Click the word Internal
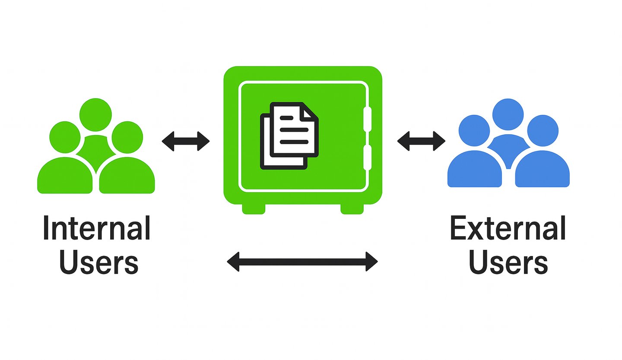point(96,229)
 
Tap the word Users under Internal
point(98,262)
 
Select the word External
point(508,229)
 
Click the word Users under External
point(508,262)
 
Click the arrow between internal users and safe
point(186,141)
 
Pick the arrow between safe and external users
point(421,141)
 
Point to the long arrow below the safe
point(302,261)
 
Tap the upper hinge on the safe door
point(367,119)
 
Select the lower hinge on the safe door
point(367,158)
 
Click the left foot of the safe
point(254,209)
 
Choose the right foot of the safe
point(352,209)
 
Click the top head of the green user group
point(96,114)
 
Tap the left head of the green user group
point(65,136)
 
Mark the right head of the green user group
point(127,137)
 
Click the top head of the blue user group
point(508,114)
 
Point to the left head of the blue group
point(474,130)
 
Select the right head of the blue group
point(543,130)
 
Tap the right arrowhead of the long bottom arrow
point(371,261)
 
